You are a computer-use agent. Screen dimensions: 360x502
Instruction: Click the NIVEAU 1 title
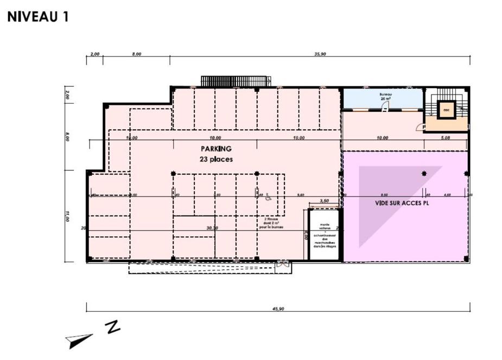click(x=38, y=17)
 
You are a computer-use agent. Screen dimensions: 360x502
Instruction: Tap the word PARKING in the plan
click(x=216, y=149)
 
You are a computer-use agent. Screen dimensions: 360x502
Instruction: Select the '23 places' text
click(x=216, y=159)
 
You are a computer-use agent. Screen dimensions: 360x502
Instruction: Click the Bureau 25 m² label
click(x=385, y=96)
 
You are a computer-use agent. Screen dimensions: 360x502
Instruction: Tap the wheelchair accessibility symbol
click(x=268, y=198)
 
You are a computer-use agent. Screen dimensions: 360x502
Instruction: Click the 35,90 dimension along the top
click(x=320, y=54)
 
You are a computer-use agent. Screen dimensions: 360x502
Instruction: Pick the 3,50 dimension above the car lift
click(x=325, y=201)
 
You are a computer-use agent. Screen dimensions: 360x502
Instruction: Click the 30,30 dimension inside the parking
click(x=212, y=228)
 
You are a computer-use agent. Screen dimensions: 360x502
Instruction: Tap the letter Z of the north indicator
click(x=112, y=327)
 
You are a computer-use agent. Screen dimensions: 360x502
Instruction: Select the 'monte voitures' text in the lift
click(x=325, y=226)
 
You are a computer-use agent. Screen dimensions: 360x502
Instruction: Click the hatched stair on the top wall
click(x=236, y=81)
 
